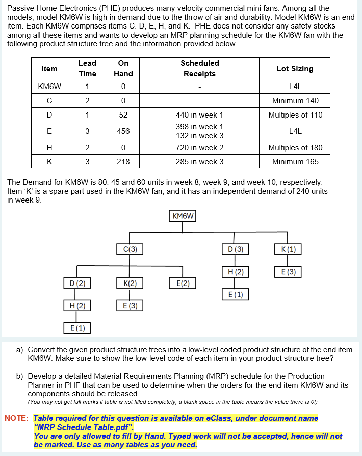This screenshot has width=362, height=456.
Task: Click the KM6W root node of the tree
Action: pyautogui.click(x=183, y=216)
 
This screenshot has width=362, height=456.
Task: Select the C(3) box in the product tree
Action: pyautogui.click(x=130, y=249)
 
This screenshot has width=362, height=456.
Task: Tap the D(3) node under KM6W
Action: pyautogui.click(x=235, y=249)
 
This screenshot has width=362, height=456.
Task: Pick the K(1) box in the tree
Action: pyautogui.click(x=288, y=249)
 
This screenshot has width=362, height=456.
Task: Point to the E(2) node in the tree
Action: pyautogui.click(x=183, y=282)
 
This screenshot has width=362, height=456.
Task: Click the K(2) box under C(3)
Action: pyautogui.click(x=130, y=282)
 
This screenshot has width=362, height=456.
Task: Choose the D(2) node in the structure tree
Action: pyautogui.click(x=77, y=282)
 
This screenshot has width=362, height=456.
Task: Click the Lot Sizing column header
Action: pyautogui.click(x=295, y=68)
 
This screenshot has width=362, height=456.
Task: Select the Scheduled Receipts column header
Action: pyautogui.click(x=199, y=68)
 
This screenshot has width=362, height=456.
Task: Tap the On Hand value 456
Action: pyautogui.click(x=123, y=131)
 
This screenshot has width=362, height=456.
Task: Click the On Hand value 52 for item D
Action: pyautogui.click(x=123, y=115)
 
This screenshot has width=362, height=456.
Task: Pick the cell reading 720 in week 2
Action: pyautogui.click(x=199, y=148)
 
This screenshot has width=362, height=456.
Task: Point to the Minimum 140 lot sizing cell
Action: pyautogui.click(x=295, y=101)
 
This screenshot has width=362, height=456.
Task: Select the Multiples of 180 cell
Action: pyautogui.click(x=295, y=148)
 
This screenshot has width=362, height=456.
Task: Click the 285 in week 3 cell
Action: pyautogui.click(x=199, y=162)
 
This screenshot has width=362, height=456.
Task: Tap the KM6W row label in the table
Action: pyautogui.click(x=49, y=87)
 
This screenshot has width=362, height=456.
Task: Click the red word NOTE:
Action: pyautogui.click(x=17, y=418)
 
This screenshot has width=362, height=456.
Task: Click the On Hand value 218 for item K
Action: pyautogui.click(x=123, y=162)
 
